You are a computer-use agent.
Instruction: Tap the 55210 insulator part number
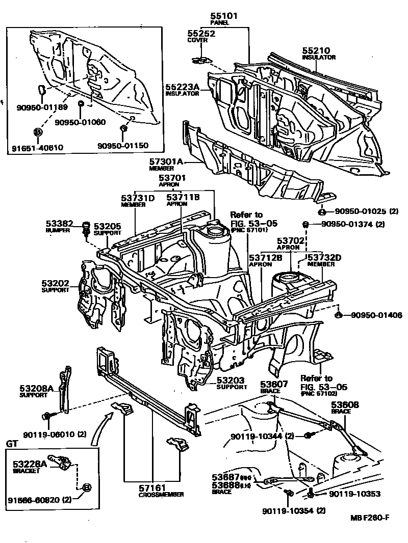click(316, 50)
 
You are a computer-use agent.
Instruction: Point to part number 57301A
click(166, 161)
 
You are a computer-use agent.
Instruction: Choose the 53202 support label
click(56, 283)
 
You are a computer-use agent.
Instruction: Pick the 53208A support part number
click(37, 388)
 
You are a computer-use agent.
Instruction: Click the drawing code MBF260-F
click(370, 518)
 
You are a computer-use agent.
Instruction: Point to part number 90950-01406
click(376, 315)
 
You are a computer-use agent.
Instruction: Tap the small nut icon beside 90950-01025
click(322, 211)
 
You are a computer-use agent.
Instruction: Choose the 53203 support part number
click(231, 380)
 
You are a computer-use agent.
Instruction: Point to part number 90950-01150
click(122, 145)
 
